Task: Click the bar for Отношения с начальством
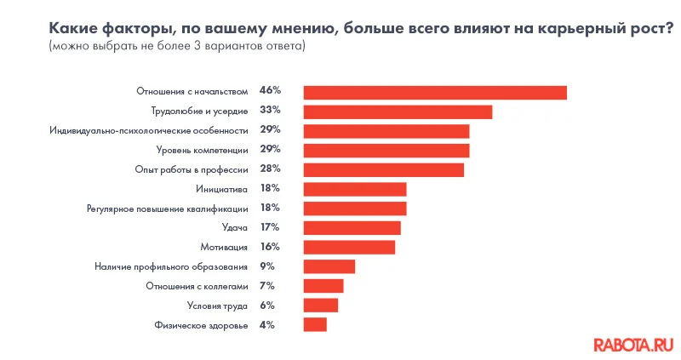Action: [435, 92]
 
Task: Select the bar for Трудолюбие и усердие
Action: [398, 111]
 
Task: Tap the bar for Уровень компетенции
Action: [386, 151]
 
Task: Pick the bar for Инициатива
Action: [355, 189]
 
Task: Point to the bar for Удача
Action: [352, 227]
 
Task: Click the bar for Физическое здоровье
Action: [315, 324]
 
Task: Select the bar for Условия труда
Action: [321, 305]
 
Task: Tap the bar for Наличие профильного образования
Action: [329, 266]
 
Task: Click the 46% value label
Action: [270, 90]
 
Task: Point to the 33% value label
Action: [270, 110]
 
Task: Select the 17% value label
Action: [270, 226]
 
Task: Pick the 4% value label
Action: [267, 324]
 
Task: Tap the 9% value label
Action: [267, 266]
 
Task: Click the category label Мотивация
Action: [224, 247]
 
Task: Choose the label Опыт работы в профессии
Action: [192, 169]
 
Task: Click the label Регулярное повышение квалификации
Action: [168, 209]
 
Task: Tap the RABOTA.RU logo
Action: [632, 344]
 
